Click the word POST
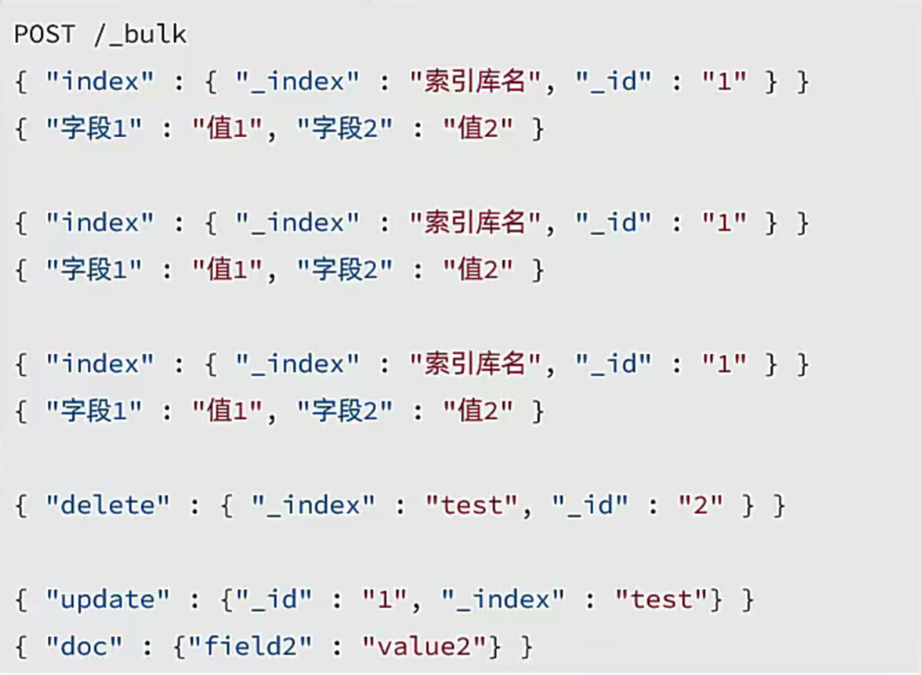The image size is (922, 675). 44,34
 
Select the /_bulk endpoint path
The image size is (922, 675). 140,34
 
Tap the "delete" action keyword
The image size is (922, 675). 108,505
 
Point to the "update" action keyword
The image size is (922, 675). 108,600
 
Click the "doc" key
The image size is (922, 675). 85,647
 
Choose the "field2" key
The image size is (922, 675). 250,647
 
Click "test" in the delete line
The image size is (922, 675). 471,505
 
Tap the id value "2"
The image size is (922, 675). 700,505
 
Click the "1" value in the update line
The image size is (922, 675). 384,600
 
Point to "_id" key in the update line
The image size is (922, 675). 274,600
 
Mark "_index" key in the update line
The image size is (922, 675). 503,600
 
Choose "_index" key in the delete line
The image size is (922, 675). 313,505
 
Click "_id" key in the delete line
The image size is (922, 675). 589,505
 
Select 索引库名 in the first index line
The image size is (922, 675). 475,82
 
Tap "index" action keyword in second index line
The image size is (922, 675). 100,223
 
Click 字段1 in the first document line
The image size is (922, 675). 94,129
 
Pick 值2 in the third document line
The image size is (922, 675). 478,411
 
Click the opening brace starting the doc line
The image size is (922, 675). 21,647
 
